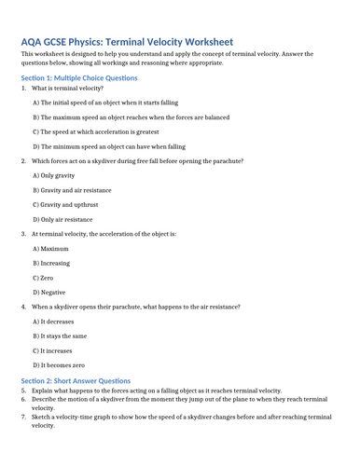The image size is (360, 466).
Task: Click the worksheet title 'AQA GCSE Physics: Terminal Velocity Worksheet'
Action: click(127, 42)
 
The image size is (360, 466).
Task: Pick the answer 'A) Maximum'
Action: click(52, 248)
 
